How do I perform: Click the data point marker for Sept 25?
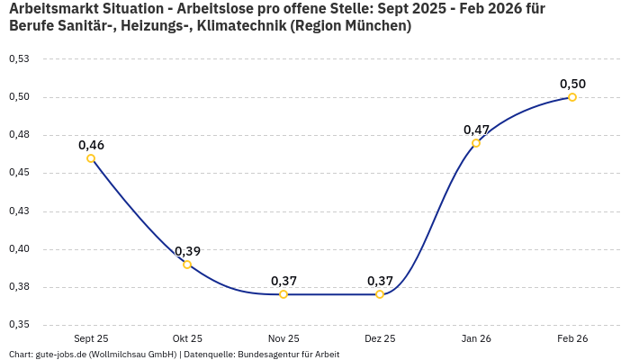tap(91, 158)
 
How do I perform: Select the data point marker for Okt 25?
tap(187, 265)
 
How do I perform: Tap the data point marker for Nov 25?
tap(283, 294)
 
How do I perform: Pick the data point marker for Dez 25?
tap(380, 294)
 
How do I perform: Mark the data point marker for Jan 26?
tap(476, 143)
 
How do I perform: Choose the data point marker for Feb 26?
tap(572, 97)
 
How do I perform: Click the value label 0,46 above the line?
tap(91, 144)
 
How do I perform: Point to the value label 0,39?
tap(187, 250)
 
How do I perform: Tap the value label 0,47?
tap(476, 129)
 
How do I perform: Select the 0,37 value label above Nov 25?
tap(283, 280)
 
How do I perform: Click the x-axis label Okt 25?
tap(187, 338)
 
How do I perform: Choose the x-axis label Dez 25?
tap(380, 338)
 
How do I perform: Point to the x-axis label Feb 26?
tap(572, 338)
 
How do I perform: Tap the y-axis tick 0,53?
tap(19, 58)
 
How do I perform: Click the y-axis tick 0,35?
tap(19, 324)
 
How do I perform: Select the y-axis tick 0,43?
tap(19, 211)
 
